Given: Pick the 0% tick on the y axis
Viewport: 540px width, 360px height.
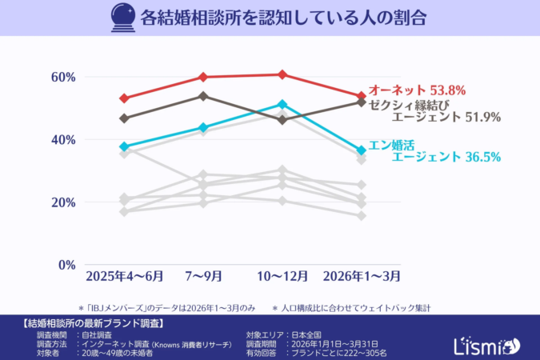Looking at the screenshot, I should pyautogui.click(x=66, y=264).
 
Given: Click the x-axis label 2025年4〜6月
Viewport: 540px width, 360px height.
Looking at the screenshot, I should pyautogui.click(x=125, y=276).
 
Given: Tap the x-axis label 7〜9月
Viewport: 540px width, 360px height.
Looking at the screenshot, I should pyautogui.click(x=203, y=276).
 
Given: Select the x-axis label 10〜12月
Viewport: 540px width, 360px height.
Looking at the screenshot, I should pyautogui.click(x=282, y=276).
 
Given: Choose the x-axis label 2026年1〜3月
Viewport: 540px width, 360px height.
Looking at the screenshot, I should pyautogui.click(x=361, y=276).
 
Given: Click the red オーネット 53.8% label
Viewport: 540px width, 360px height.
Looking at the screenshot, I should pyautogui.click(x=416, y=90).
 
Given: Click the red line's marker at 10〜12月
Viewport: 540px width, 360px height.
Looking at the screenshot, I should pyautogui.click(x=282, y=74).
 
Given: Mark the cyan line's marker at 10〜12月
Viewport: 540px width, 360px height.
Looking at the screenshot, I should pyautogui.click(x=282, y=104).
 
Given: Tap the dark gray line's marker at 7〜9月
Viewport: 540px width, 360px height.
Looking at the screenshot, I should pyautogui.click(x=203, y=96).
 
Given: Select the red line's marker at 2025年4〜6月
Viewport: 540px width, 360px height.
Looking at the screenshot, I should pyautogui.click(x=124, y=98).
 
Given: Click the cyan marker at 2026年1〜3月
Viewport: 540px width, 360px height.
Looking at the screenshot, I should pyautogui.click(x=361, y=150).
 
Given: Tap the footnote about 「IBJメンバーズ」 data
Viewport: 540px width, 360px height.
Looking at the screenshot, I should pyautogui.click(x=166, y=307).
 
